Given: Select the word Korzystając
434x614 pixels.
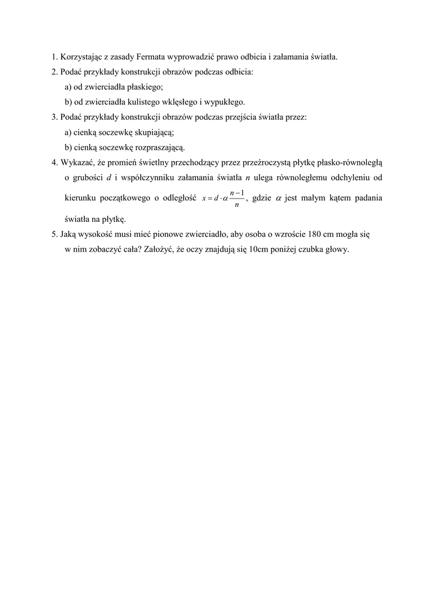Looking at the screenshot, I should pos(80,58).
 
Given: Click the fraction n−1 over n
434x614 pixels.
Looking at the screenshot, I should pos(236,198).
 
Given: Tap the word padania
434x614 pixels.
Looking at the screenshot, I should pos(366,198).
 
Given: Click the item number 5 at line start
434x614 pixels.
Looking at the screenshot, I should pos(54,236).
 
